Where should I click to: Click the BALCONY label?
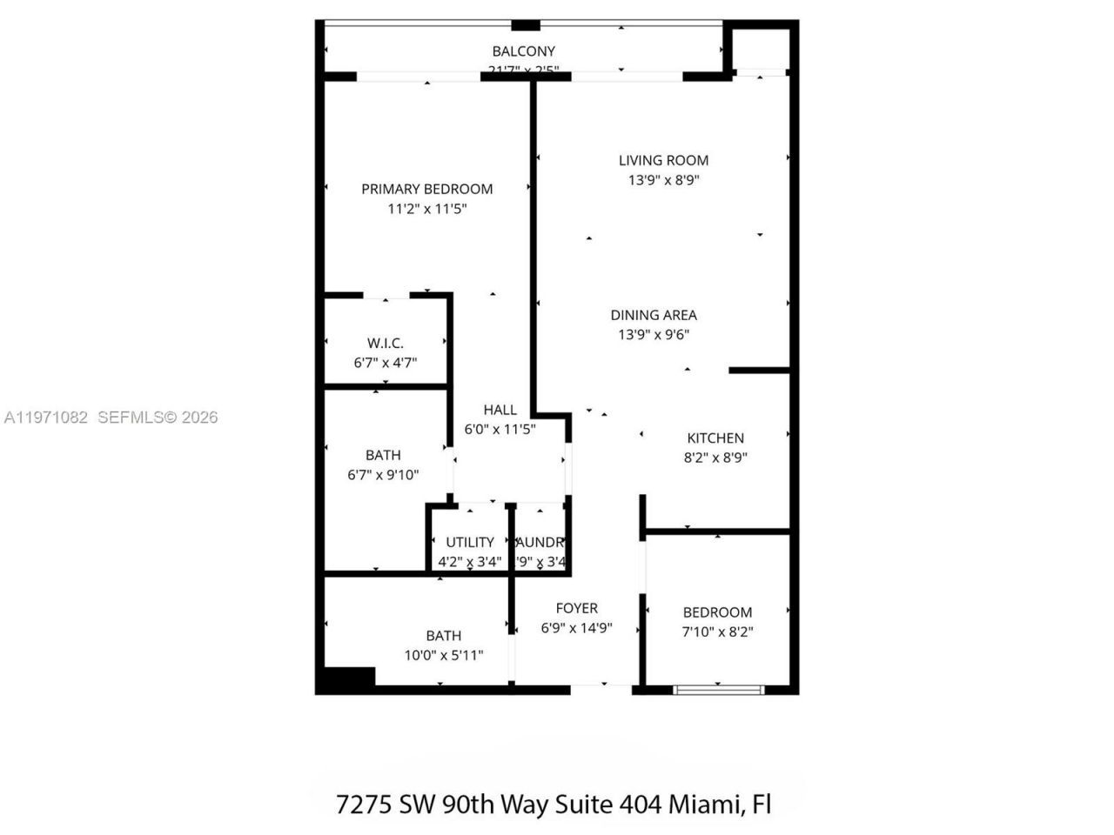coord(523,51)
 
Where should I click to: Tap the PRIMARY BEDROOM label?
coord(426,189)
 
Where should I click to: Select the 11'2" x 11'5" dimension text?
coord(427,209)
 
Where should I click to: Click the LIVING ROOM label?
coord(663,160)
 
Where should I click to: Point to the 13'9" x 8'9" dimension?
coord(664,180)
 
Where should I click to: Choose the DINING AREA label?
coord(654,315)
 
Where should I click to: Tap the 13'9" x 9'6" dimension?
coord(654,335)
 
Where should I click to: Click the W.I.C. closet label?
coord(385,344)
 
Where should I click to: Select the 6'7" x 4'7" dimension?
coord(385,363)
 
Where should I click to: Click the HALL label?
coord(500,410)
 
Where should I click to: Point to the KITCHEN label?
coord(715,438)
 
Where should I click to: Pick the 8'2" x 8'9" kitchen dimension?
coord(715,458)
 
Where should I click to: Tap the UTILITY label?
coord(470,542)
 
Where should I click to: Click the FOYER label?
coord(576,609)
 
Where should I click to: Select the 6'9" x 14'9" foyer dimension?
coord(576,628)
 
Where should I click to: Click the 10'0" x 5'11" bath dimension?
coord(443,655)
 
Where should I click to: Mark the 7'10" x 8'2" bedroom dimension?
coord(717,631)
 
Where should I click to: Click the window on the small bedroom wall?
coord(719,690)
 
